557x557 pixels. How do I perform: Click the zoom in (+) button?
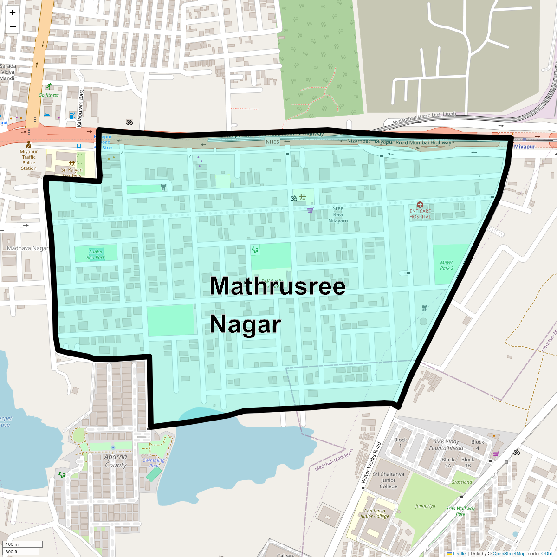pyautogui.click(x=13, y=13)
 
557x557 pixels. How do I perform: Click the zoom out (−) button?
pyautogui.click(x=13, y=26)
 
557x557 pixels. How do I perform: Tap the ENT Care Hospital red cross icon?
pyautogui.click(x=420, y=205)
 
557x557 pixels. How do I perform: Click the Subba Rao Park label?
pyautogui.click(x=96, y=254)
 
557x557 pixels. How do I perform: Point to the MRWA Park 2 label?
pyautogui.click(x=447, y=265)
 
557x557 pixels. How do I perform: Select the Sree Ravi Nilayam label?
pyautogui.click(x=338, y=214)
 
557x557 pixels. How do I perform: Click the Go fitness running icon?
pyautogui.click(x=49, y=86)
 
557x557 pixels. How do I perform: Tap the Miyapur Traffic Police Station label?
pyautogui.click(x=29, y=160)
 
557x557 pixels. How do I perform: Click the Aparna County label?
pyautogui.click(x=116, y=461)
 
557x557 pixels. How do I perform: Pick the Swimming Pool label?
pyautogui.click(x=154, y=462)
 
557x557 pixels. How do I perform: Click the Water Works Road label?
pyautogui.click(x=371, y=462)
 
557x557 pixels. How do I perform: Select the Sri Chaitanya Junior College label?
pyautogui.click(x=389, y=480)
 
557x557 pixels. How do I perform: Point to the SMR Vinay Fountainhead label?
pyautogui.click(x=446, y=445)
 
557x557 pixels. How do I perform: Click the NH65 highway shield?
pyautogui.click(x=272, y=142)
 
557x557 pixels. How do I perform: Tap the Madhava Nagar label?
pyautogui.click(x=27, y=248)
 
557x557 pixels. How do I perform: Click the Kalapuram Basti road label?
pyautogui.click(x=80, y=108)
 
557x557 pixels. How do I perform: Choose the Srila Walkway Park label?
pyautogui.click(x=460, y=511)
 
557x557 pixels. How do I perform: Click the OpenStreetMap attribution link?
pyautogui.click(x=509, y=553)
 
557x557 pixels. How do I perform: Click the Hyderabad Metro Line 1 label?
pyautogui.click(x=424, y=117)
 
